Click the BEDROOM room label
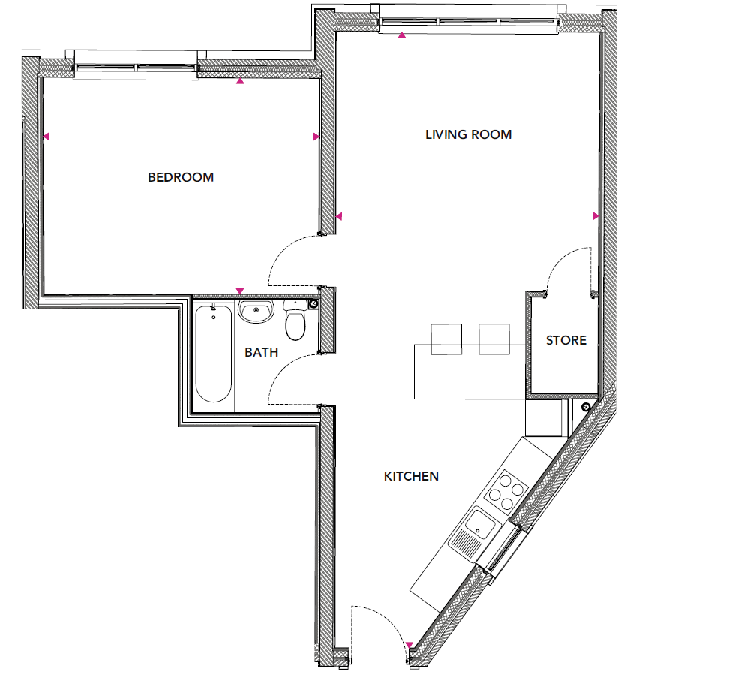(x=180, y=177)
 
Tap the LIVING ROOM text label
(x=468, y=134)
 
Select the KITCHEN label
(x=411, y=476)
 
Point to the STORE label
(x=565, y=340)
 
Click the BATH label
(x=261, y=352)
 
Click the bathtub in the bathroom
(x=213, y=353)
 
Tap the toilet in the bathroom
(x=295, y=321)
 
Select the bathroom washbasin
(x=256, y=312)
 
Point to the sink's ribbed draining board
(x=464, y=543)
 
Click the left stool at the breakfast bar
(x=446, y=339)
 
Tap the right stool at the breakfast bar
(x=494, y=339)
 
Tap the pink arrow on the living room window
(x=402, y=35)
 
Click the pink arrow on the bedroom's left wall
(x=46, y=137)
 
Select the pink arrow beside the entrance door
(x=409, y=645)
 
